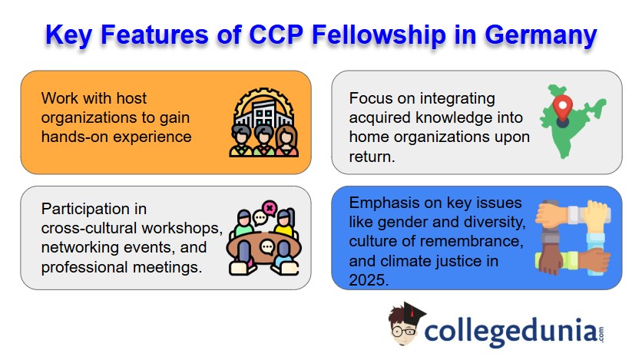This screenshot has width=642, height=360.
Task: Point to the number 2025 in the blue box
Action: pos(369,280)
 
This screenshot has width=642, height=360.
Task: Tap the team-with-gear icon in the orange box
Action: pos(263,123)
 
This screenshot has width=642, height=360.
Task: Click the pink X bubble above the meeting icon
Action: pos(270,207)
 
